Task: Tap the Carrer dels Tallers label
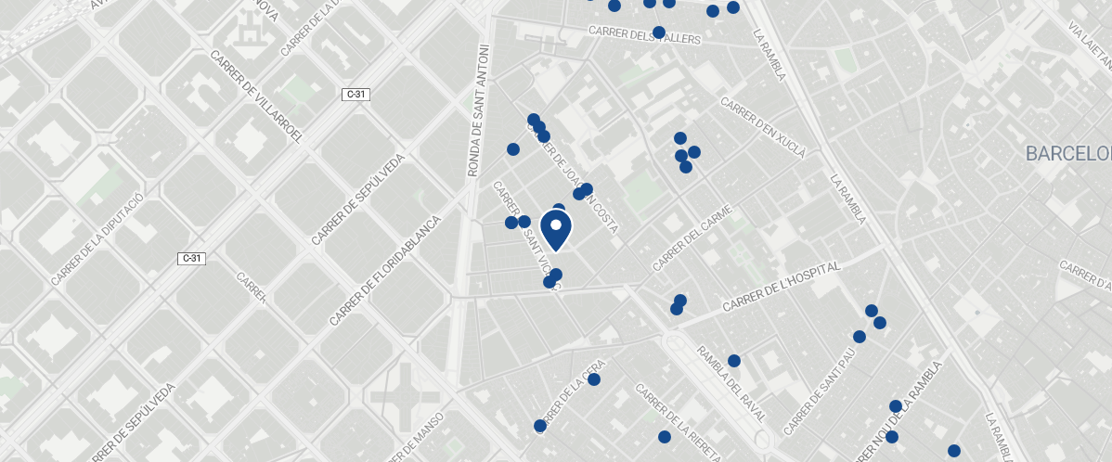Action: [x=644, y=34]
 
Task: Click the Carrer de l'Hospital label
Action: [x=781, y=287]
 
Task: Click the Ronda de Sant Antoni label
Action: [x=477, y=110]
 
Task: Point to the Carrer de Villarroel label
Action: [x=258, y=97]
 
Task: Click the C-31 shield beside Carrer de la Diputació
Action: [x=191, y=258]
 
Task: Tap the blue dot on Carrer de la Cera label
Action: [x=594, y=379]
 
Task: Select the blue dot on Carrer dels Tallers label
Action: [x=659, y=32]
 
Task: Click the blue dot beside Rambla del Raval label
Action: [x=734, y=361]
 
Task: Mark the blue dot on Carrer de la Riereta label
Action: [x=665, y=436]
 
